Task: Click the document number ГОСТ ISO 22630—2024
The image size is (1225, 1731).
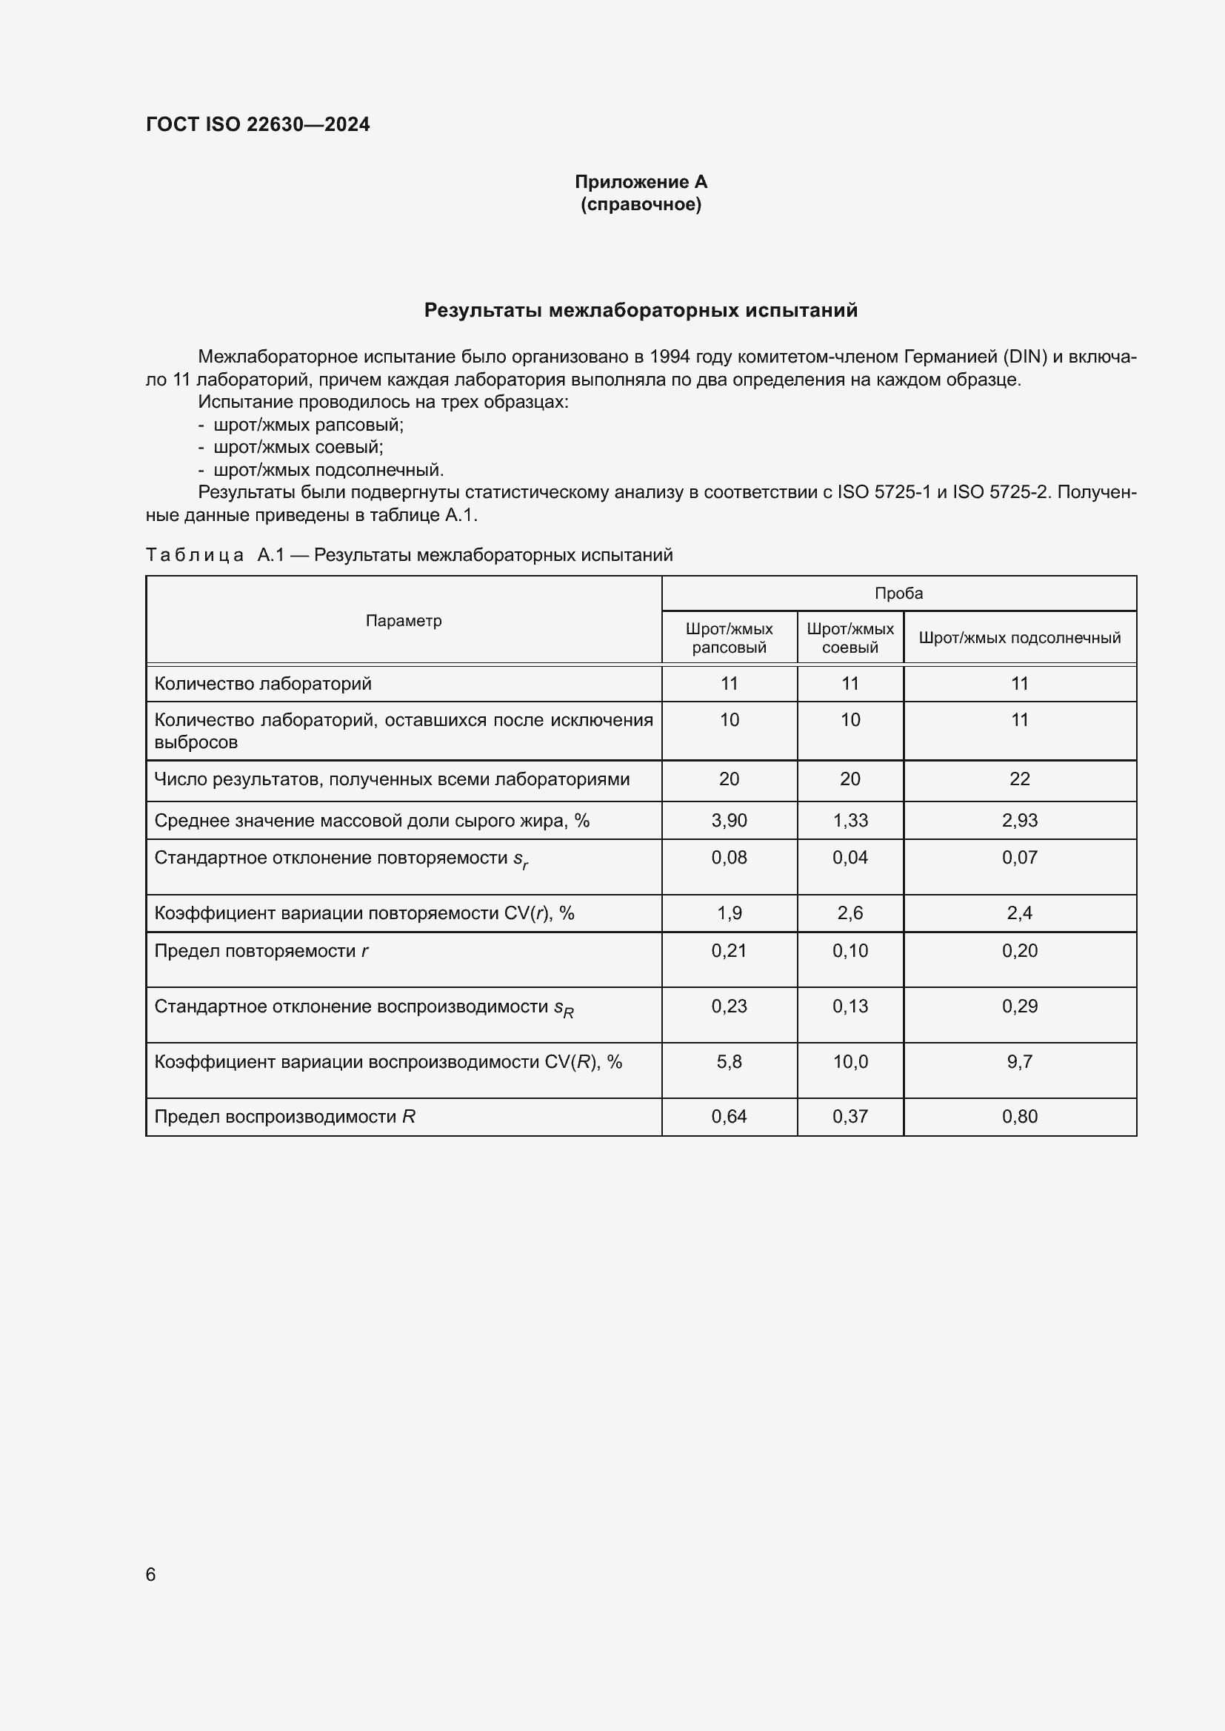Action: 257,124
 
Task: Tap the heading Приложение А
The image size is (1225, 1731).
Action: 641,182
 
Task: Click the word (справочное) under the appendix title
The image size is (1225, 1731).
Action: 641,205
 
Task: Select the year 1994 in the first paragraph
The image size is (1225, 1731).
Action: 669,357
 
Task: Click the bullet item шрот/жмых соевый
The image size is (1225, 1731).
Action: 298,447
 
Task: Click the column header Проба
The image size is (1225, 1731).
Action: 898,594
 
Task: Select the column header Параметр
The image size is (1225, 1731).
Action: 404,620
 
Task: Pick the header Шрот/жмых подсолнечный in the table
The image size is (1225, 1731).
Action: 1019,638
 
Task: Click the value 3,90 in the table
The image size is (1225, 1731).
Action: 729,820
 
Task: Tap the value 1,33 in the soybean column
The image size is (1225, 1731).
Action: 850,820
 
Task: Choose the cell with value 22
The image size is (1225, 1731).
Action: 1019,779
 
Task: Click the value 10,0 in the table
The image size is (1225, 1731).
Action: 850,1061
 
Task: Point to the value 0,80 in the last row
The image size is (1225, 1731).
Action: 1019,1117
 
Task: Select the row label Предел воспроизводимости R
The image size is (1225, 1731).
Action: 284,1117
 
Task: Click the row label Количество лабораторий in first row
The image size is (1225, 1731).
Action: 262,684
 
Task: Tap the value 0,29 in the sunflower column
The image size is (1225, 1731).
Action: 1019,1006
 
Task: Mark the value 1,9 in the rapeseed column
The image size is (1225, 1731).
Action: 729,913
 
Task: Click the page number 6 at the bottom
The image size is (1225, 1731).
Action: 151,1574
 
